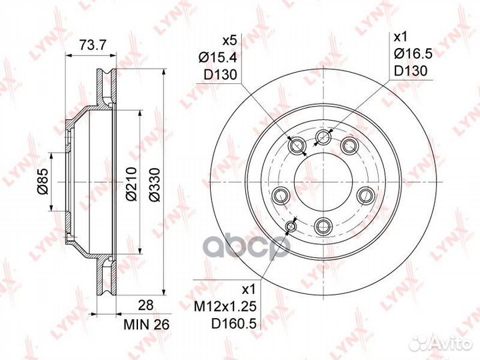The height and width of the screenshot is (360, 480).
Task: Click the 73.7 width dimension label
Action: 93,45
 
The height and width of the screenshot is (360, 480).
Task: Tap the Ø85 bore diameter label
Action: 43,181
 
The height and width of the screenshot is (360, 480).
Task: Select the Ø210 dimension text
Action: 131,184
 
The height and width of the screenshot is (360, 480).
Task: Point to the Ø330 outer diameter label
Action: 155,184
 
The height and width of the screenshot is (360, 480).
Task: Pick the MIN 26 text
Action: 146,325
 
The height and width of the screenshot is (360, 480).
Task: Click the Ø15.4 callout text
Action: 218,57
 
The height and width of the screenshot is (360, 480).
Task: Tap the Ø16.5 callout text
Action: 413,54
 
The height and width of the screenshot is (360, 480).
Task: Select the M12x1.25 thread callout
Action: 225,307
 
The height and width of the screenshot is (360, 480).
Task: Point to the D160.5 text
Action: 233,323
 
